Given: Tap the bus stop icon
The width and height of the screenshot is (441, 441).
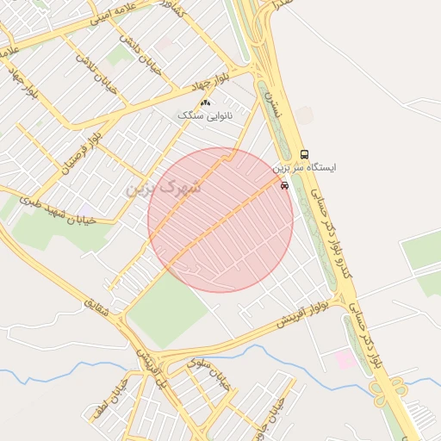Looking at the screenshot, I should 303,155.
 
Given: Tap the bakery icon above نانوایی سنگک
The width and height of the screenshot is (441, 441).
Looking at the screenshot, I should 205,103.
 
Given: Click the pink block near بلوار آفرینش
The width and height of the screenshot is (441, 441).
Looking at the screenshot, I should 345,358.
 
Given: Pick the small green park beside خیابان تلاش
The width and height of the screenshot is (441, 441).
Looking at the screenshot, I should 119,56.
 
